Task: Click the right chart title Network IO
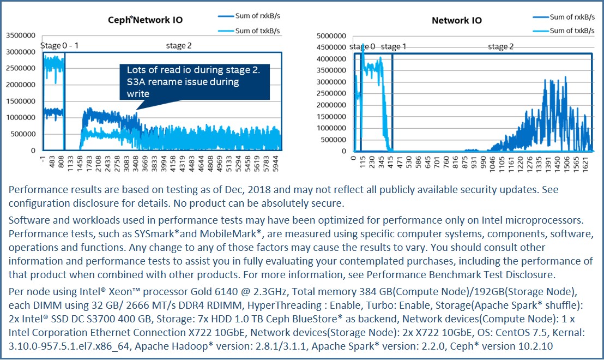[x=457, y=21]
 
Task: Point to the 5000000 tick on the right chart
[x=332, y=35]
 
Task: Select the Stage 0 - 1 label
[x=59, y=45]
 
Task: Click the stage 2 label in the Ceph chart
[x=179, y=46]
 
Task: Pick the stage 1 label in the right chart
[x=394, y=46]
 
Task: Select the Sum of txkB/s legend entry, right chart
[x=572, y=31]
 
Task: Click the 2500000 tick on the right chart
[x=332, y=93]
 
